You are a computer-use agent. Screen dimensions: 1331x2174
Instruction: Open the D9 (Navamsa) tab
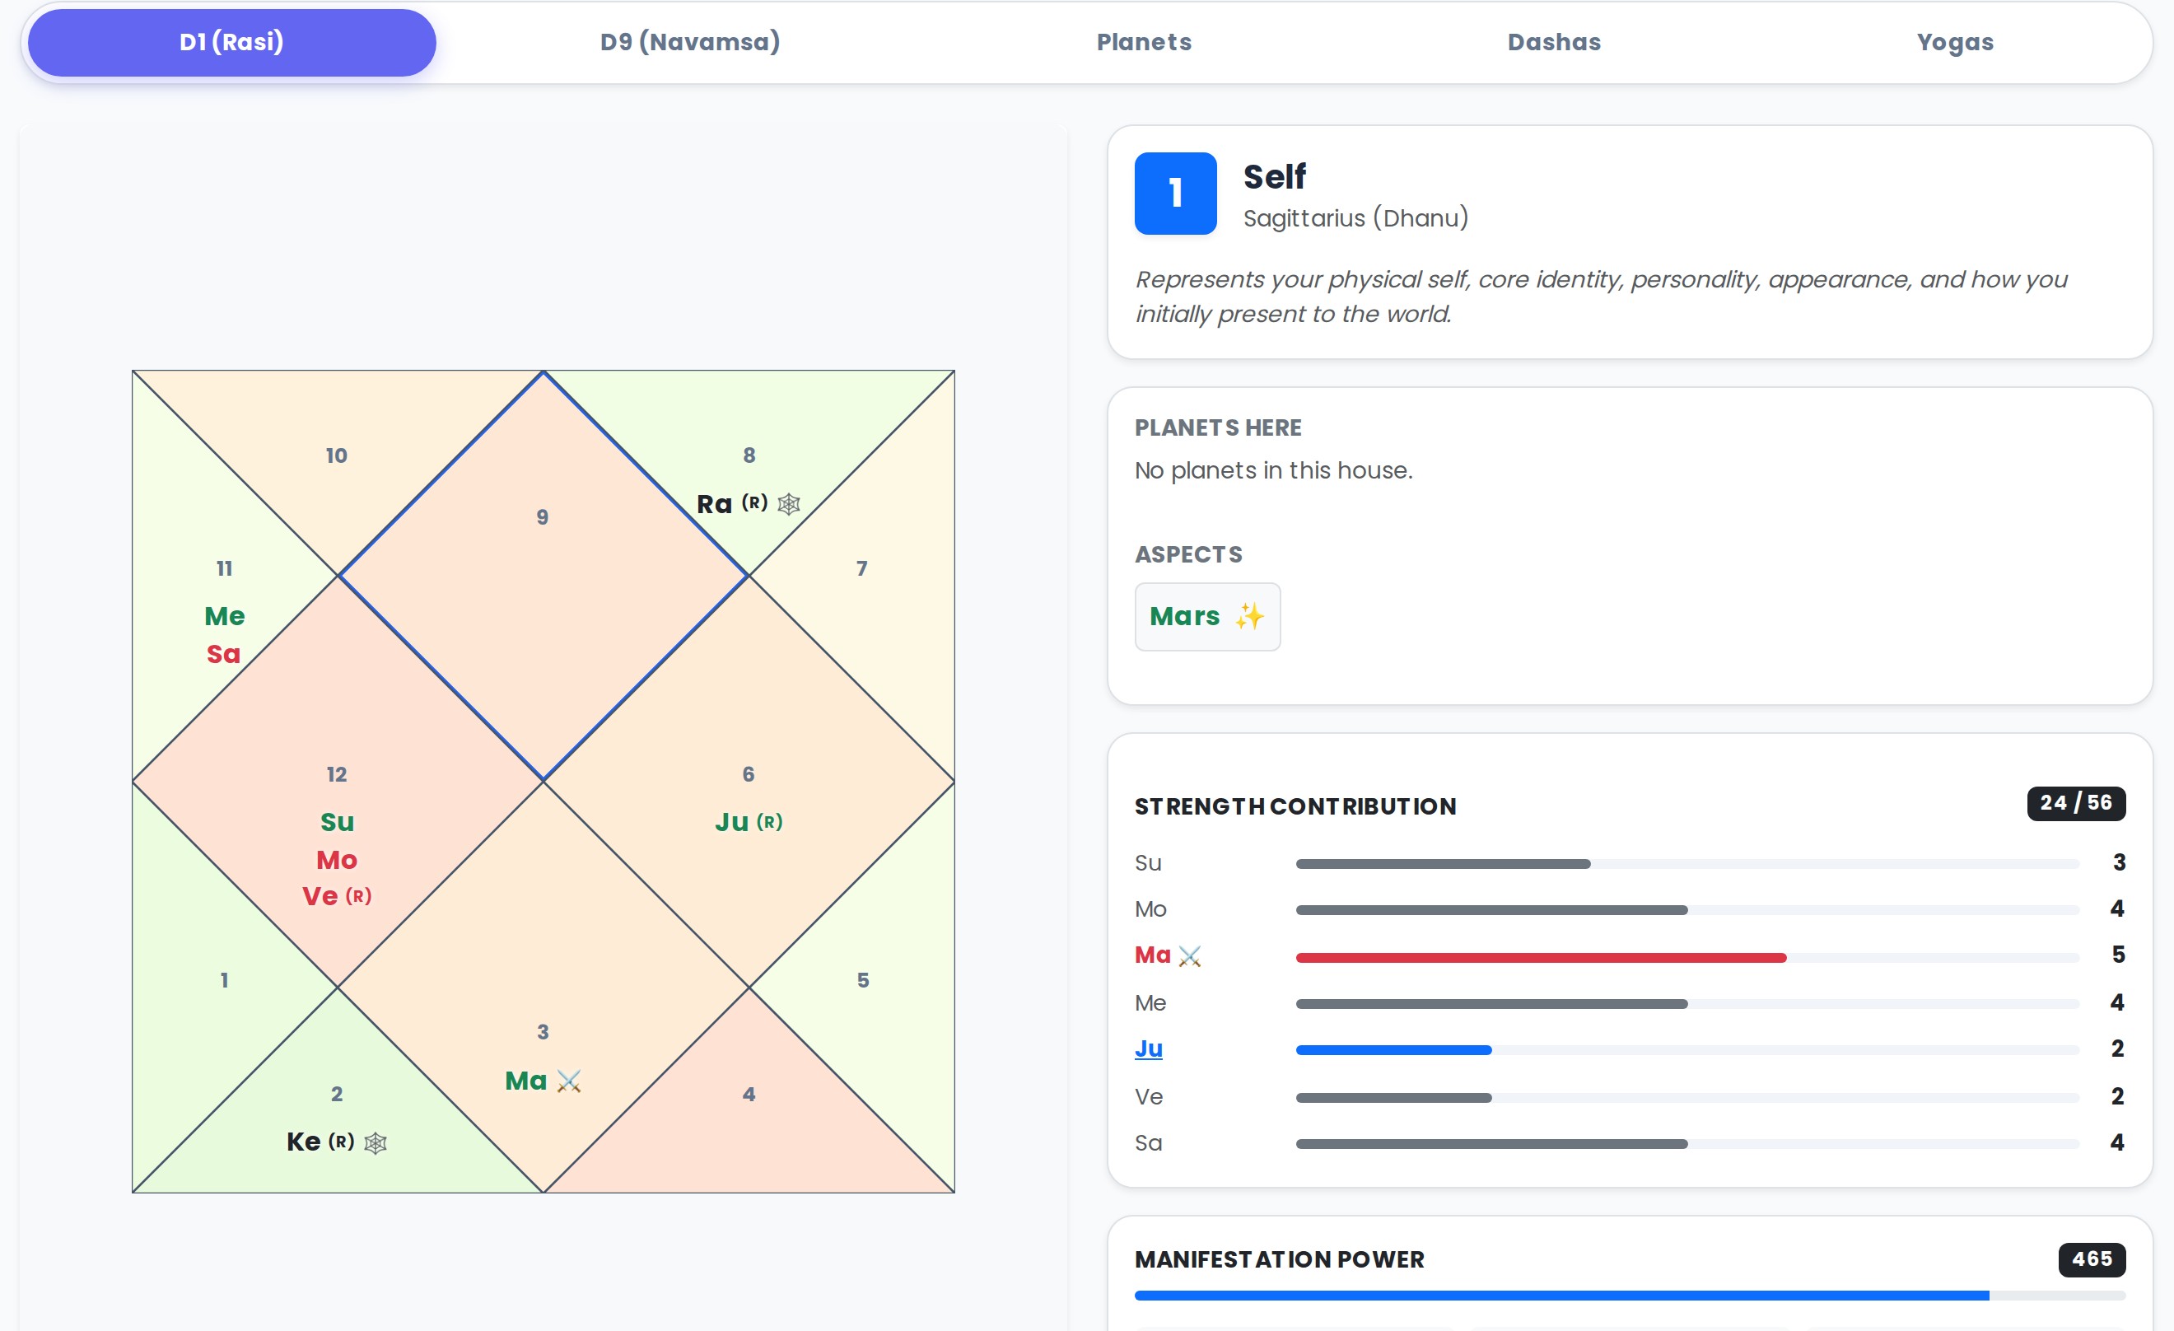(x=690, y=42)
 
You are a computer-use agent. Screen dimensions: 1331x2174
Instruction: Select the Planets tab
(x=1144, y=42)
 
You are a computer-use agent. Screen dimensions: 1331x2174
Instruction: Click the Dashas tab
(x=1554, y=42)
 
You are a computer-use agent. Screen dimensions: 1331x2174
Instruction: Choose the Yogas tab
(x=1954, y=42)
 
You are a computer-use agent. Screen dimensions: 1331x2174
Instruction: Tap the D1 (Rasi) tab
(x=231, y=42)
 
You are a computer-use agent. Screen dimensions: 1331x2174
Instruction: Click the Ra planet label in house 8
(x=715, y=504)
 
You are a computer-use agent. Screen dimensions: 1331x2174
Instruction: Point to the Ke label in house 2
(x=304, y=1142)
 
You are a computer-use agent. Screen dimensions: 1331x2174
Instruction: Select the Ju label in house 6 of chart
(x=732, y=823)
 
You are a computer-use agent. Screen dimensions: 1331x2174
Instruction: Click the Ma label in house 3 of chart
(x=526, y=1081)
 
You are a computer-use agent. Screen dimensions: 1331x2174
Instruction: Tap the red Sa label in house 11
(x=223, y=654)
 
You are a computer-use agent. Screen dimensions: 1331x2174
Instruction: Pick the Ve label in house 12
(x=320, y=897)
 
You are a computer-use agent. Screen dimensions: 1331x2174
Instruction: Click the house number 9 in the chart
(x=543, y=517)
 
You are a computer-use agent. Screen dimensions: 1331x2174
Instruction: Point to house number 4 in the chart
(x=749, y=1095)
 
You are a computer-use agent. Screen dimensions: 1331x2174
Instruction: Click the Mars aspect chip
(x=1206, y=617)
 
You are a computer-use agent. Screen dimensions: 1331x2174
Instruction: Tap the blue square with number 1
(x=1175, y=194)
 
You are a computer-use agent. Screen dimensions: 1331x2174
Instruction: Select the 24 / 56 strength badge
(x=2075, y=803)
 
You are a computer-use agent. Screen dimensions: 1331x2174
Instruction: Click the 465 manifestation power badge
(x=2091, y=1259)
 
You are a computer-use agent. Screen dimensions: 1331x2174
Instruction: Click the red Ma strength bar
(x=1540, y=958)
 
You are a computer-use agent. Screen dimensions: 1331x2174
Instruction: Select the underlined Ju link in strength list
(x=1148, y=1048)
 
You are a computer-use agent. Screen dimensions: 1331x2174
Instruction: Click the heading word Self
(x=1274, y=177)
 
